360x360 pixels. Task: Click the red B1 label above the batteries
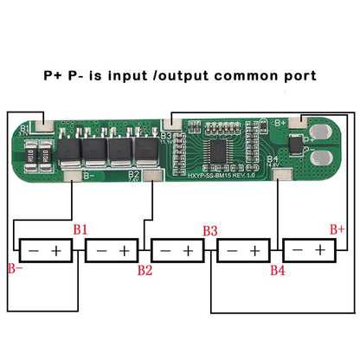click(80, 230)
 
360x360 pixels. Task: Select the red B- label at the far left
click(14, 267)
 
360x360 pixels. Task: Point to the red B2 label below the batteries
click(145, 271)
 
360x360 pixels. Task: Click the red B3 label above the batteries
click(209, 230)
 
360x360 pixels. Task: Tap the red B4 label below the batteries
click(277, 271)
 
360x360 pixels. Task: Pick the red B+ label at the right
click(337, 229)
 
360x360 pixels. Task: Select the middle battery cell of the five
click(178, 251)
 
